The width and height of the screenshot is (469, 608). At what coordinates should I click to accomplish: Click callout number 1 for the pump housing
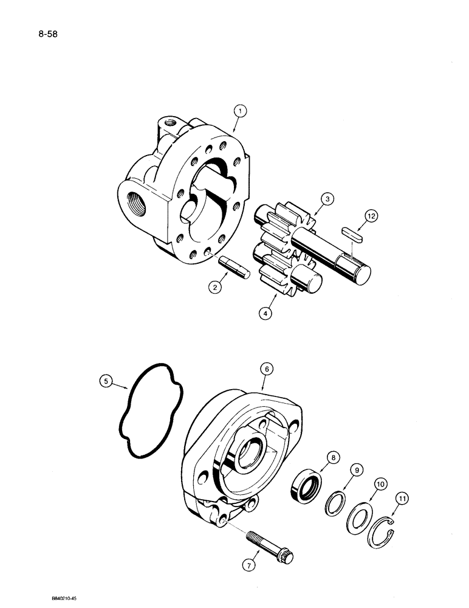click(241, 111)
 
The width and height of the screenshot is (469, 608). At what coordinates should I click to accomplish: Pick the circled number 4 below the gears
click(265, 314)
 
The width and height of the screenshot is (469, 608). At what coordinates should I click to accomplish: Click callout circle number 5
click(107, 382)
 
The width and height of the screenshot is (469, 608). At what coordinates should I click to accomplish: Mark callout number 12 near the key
click(370, 216)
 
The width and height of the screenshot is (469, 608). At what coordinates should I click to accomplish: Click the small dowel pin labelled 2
click(233, 268)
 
